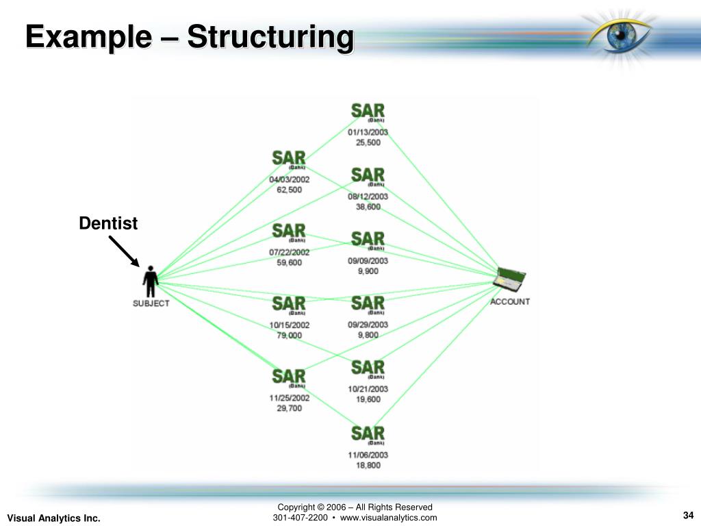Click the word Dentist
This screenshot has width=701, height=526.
108,223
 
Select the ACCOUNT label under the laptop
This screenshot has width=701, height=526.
510,301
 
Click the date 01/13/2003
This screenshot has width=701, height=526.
368,132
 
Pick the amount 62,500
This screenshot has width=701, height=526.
289,190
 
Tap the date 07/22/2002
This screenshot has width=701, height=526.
289,252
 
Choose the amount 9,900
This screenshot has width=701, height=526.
368,271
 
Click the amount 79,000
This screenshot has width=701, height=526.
289,335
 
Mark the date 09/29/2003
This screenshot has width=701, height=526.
368,325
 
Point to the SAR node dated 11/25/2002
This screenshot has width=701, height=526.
289,377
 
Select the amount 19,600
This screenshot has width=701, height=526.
368,399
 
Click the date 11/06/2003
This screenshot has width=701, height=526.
368,455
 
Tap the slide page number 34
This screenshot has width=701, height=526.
689,516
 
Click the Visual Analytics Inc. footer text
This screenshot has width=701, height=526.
53,518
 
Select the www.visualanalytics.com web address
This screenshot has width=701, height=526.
388,518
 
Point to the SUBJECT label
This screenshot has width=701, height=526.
151,303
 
